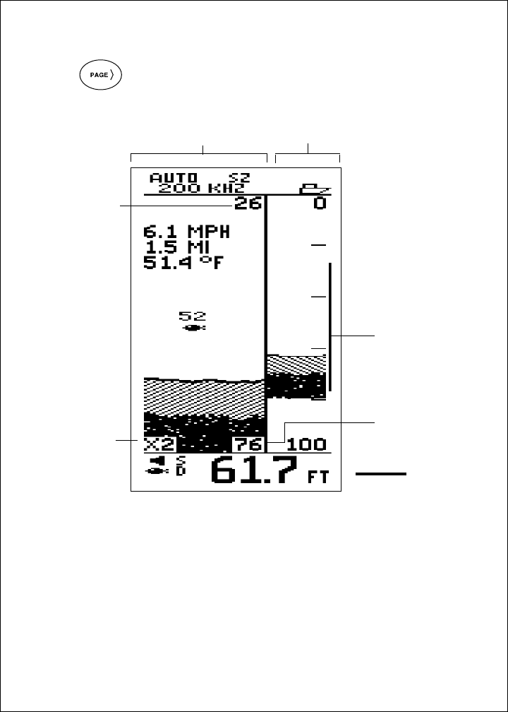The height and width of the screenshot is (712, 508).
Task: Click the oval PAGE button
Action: (x=101, y=75)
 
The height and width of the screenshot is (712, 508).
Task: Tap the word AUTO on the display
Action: (x=174, y=177)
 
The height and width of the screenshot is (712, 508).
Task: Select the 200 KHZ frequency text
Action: (x=201, y=189)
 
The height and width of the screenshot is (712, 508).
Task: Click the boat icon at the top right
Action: (x=315, y=189)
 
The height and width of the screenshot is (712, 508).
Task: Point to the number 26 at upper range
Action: (x=248, y=203)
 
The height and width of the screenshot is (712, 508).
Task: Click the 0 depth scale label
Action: (x=320, y=203)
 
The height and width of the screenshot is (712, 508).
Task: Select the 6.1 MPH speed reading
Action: (x=186, y=232)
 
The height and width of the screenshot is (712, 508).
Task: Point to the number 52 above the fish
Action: (x=193, y=316)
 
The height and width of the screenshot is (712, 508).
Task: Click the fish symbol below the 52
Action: (x=193, y=328)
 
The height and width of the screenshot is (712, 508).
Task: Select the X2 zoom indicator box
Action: (x=160, y=444)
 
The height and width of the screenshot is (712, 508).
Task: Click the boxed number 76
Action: (x=248, y=444)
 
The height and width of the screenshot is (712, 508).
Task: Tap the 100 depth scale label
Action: (x=306, y=444)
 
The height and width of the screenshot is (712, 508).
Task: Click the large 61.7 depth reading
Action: (x=255, y=470)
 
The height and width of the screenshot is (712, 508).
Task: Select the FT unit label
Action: (x=318, y=477)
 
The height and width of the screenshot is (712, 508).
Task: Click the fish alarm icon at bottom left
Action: (x=157, y=466)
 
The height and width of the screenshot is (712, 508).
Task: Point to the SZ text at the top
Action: (x=239, y=177)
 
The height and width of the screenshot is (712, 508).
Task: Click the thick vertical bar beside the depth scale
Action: (x=330, y=326)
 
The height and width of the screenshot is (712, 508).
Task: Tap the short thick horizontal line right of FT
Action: (x=381, y=474)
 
